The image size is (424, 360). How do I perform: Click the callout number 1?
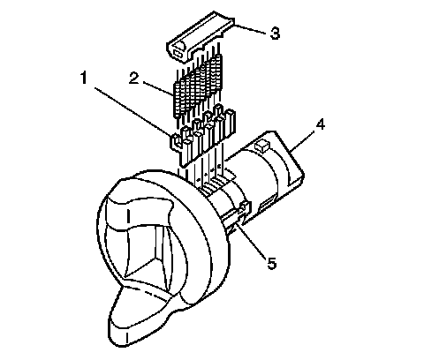coord(84,78)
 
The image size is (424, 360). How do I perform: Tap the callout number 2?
coord(134,79)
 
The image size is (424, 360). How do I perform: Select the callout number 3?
coord(275,34)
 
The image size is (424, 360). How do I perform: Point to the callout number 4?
coord(320,125)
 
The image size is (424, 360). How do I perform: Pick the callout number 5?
coord(272,263)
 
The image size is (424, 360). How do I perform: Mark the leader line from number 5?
coord(252,239)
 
